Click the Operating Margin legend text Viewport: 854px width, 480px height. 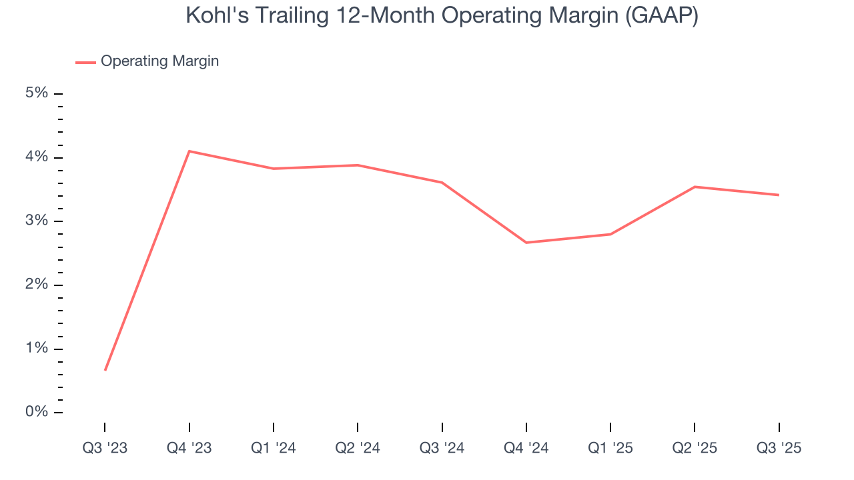(159, 61)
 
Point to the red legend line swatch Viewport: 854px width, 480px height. (85, 62)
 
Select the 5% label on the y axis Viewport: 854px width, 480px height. (37, 93)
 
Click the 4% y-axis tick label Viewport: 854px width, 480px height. (37, 157)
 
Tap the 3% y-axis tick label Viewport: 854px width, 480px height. (37, 221)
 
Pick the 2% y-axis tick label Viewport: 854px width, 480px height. (37, 285)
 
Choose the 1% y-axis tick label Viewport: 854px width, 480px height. (37, 349)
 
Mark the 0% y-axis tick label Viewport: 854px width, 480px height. (37, 412)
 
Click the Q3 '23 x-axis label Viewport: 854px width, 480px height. (105, 449)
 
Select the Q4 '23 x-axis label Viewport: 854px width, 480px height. (189, 449)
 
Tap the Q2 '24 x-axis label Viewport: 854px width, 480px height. (358, 449)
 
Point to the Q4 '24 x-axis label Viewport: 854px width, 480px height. (526, 449)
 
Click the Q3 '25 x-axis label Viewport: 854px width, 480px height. (779, 449)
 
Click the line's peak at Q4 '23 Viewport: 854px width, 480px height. (189, 151)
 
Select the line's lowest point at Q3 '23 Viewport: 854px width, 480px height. (105, 369)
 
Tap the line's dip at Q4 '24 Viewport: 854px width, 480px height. (526, 243)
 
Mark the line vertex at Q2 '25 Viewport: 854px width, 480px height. (695, 187)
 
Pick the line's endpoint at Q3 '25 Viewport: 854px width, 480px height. (778, 195)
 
